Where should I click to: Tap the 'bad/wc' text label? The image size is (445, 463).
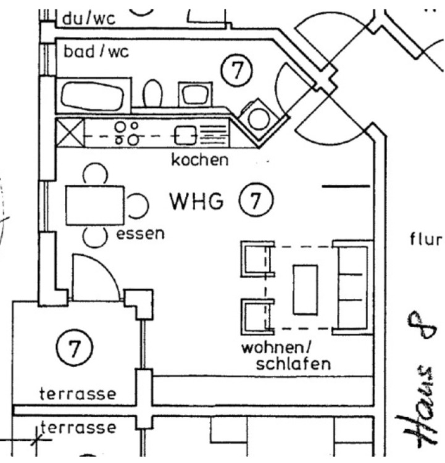95,51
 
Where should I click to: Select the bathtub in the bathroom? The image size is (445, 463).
94,96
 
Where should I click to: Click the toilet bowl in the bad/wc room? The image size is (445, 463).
152,94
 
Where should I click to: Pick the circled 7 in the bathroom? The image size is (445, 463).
236,70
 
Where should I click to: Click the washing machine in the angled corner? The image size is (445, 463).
259,117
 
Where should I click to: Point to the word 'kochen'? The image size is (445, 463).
199,161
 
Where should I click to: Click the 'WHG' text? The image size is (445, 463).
196,201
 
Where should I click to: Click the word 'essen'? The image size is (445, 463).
141,233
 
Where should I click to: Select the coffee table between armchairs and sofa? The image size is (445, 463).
306,289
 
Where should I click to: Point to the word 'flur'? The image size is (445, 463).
426,239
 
